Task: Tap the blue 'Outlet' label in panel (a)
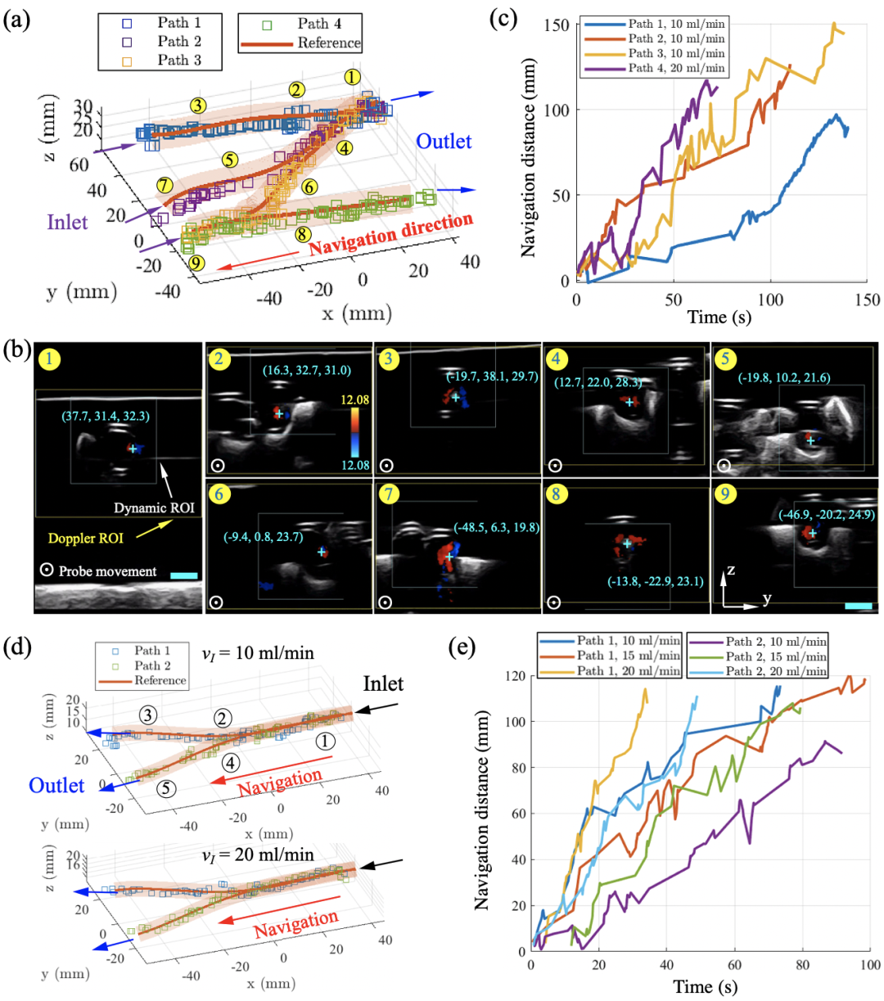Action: [444, 141]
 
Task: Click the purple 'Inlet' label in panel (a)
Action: [67, 222]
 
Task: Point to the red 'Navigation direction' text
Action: [391, 233]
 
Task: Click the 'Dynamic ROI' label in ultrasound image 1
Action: [154, 508]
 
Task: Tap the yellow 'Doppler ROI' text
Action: [86, 539]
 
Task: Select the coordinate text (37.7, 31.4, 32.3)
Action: [106, 417]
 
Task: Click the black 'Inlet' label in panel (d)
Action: [384, 684]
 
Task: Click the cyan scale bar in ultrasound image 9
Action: [858, 606]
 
